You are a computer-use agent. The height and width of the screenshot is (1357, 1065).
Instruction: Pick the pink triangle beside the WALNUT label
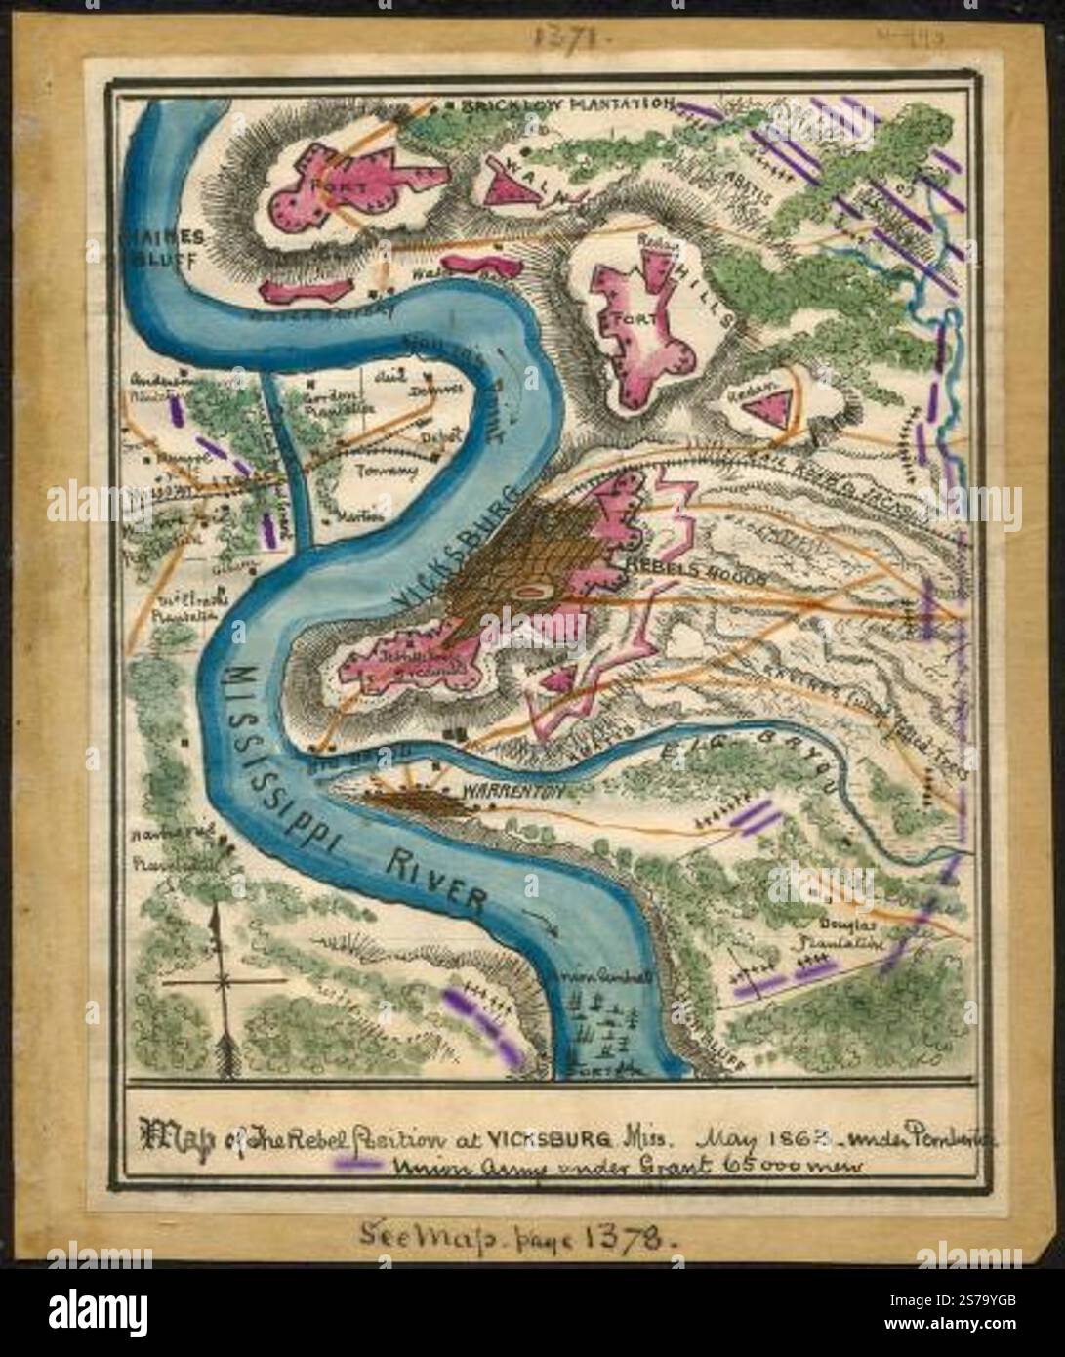coord(514,185)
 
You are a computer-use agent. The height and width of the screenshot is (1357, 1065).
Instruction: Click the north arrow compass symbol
coord(224,986)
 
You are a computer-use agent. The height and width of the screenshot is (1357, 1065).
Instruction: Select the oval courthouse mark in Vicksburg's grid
coord(531,591)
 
